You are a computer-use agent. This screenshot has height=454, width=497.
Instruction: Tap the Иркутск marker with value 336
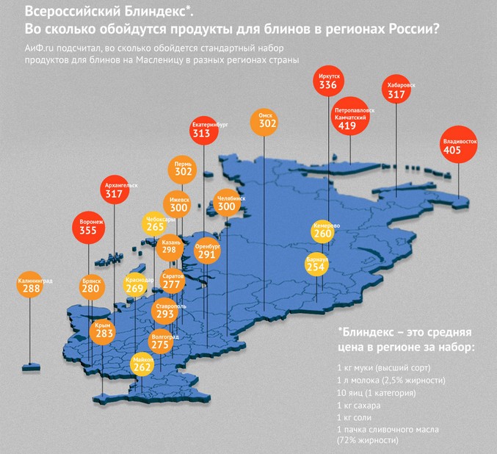[328, 82]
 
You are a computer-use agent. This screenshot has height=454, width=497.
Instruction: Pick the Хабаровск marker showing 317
[396, 90]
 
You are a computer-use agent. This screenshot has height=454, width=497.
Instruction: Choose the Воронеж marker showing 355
[88, 227]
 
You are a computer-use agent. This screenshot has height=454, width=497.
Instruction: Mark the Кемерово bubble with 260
[323, 231]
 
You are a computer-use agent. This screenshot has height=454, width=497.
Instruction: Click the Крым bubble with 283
[104, 332]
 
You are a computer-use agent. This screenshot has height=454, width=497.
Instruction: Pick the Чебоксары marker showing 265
[155, 224]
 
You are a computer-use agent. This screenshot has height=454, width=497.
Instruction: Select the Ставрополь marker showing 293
[165, 311]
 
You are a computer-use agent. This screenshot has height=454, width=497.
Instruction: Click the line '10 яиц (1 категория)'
[377, 393]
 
